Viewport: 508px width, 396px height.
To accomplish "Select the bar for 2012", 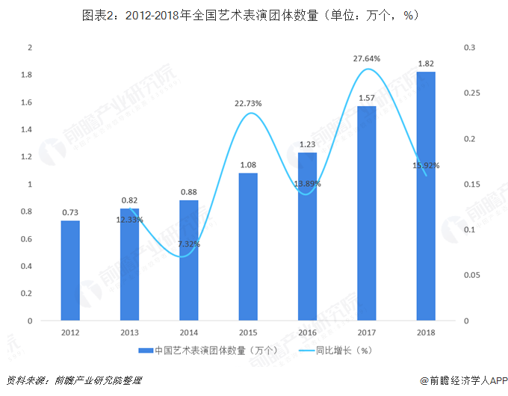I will tap(70, 270).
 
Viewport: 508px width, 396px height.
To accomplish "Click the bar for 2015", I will tap(248, 247).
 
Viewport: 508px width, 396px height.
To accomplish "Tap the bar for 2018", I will tap(426, 196).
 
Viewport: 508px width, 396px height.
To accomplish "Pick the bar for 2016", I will tap(307, 236).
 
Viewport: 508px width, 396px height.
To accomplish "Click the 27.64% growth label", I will tap(367, 58).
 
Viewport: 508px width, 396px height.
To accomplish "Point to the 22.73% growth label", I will tap(248, 104).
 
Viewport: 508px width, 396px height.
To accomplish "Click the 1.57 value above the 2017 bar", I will tap(367, 98).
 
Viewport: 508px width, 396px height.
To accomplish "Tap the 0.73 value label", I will tap(70, 212).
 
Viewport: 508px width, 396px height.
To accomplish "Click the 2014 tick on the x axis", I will tap(189, 332).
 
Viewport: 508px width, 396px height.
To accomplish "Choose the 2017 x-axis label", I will tap(367, 332).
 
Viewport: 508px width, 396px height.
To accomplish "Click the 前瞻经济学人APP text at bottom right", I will tap(468, 380).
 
